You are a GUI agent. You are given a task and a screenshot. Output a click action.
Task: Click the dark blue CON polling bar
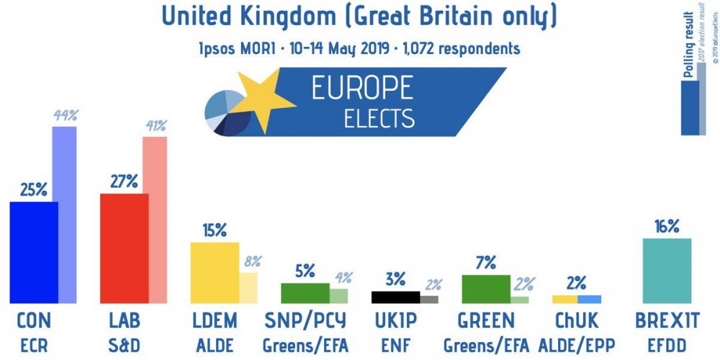34,252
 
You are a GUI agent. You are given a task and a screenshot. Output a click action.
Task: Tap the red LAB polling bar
124,248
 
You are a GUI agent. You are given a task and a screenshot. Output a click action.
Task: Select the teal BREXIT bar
667,271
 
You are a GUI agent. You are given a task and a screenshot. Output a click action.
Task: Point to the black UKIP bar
395,297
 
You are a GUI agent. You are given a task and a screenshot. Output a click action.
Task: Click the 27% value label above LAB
124,181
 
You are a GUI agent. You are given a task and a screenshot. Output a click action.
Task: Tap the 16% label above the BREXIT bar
667,226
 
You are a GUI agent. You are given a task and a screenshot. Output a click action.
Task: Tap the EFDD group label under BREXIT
667,346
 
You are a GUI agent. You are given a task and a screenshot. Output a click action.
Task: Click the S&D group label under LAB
124,346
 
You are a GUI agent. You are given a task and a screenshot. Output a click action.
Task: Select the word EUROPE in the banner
361,88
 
